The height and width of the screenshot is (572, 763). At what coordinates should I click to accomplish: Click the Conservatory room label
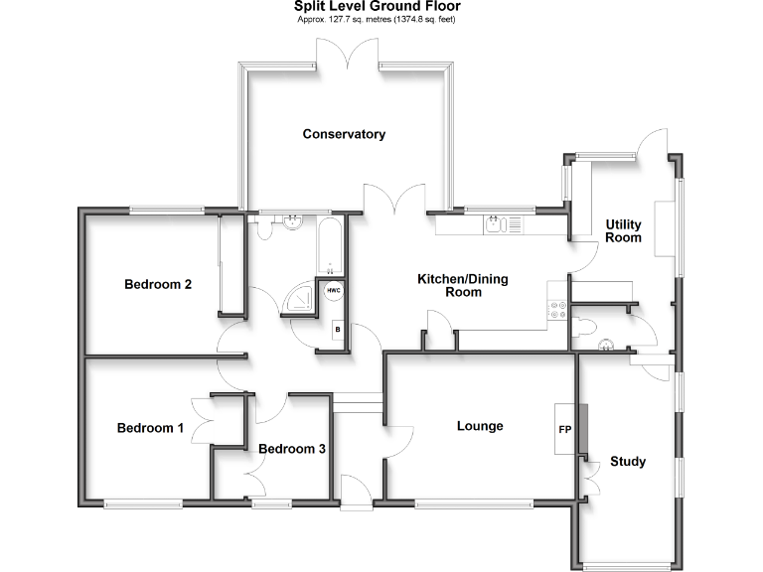[344, 134]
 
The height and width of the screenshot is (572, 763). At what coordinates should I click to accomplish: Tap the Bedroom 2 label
[157, 284]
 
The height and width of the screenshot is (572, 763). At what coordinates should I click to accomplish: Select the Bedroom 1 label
[150, 429]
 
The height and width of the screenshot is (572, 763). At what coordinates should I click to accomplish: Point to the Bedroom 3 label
[291, 449]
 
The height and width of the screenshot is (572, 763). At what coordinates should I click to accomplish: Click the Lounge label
[480, 426]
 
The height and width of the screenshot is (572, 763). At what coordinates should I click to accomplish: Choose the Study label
[628, 461]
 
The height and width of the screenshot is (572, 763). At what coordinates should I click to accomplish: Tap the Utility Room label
[624, 231]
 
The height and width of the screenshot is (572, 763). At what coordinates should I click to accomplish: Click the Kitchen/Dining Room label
[462, 286]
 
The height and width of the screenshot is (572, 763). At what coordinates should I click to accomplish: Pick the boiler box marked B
[338, 329]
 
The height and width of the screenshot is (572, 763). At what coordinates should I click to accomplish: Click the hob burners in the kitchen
[556, 310]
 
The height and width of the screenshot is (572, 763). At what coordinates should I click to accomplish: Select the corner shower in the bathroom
[299, 296]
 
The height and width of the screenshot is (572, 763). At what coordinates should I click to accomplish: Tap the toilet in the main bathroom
[264, 229]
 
